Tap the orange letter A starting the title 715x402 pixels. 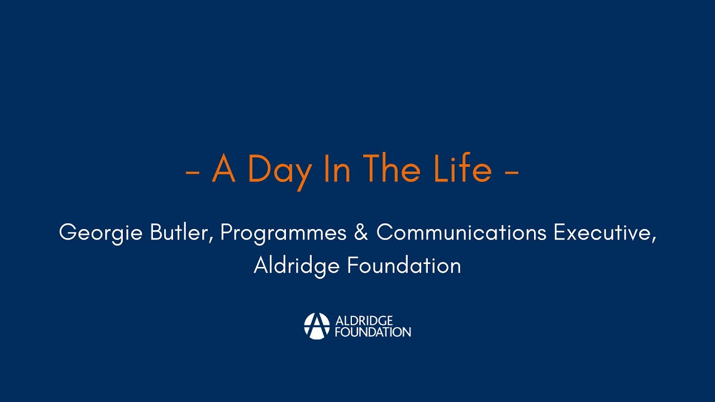[223, 169]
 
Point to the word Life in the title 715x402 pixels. [463, 169]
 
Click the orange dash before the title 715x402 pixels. [193, 173]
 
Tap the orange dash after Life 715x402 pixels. [511, 173]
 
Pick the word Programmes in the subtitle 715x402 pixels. [283, 233]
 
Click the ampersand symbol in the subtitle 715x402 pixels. [361, 233]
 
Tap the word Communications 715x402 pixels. [461, 232]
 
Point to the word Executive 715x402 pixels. [602, 232]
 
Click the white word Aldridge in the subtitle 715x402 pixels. [297, 266]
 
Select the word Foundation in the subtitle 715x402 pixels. [404, 266]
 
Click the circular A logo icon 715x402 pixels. [317, 326]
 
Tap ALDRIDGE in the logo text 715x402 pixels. [364, 320]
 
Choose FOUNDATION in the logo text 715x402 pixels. [373, 332]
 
